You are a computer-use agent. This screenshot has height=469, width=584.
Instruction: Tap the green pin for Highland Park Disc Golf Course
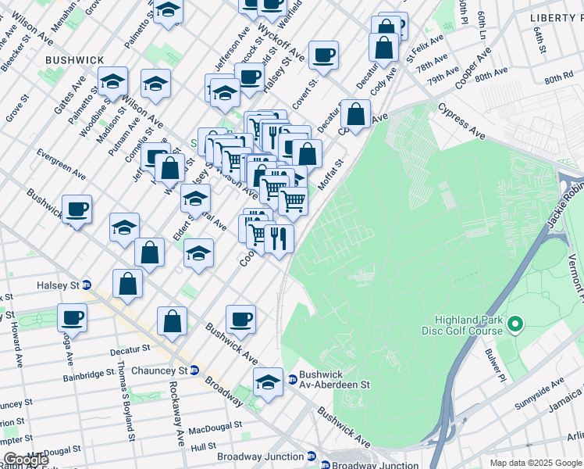click(x=515, y=323)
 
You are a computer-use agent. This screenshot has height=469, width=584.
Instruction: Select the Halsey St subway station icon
click(x=87, y=285)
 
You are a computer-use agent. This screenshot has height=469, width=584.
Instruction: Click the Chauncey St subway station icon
click(x=195, y=370)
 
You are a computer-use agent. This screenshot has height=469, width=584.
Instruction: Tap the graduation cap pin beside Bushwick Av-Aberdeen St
click(x=268, y=383)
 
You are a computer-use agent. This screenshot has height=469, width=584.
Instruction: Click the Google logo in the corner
click(x=25, y=460)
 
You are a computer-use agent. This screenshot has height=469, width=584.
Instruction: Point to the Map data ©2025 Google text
click(x=535, y=463)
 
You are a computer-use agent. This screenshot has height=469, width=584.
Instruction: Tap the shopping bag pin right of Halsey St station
click(x=127, y=285)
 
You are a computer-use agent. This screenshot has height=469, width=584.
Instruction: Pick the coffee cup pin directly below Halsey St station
click(x=73, y=318)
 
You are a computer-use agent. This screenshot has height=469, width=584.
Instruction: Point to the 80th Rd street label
click(x=558, y=80)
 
